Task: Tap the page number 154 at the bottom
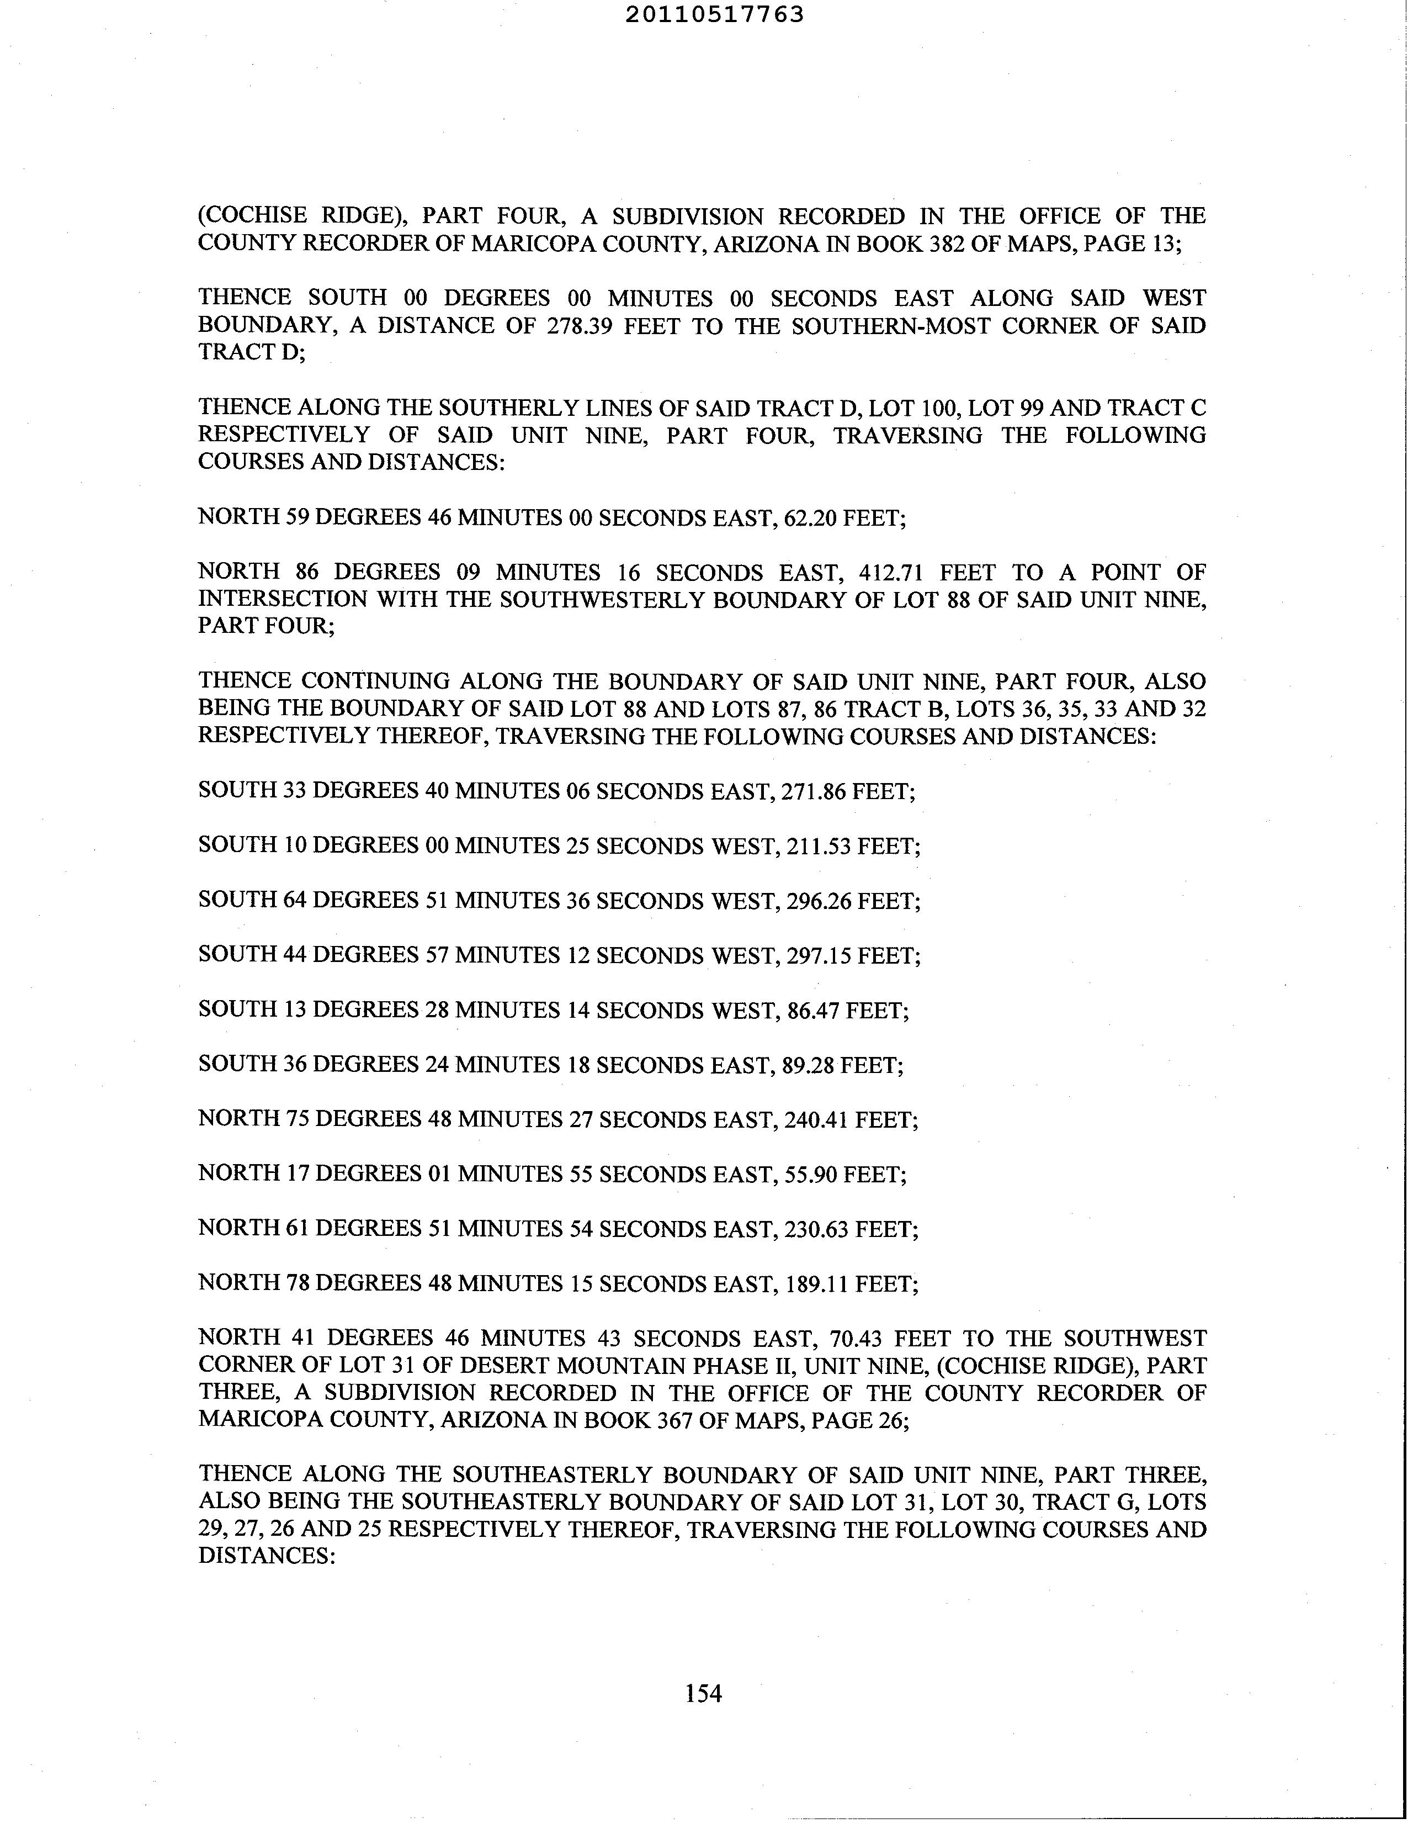703,1693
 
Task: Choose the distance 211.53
818,846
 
